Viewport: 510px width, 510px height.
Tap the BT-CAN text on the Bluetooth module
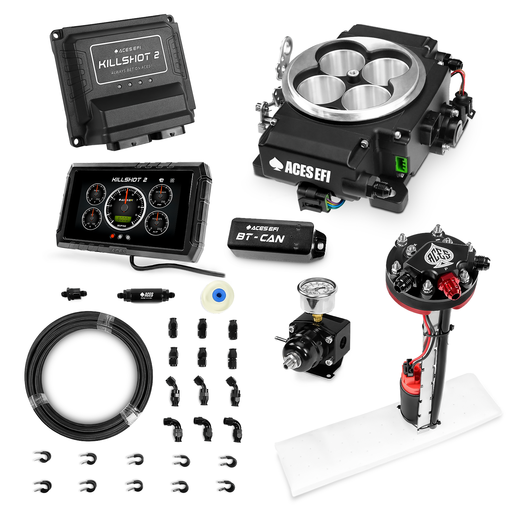click(260, 238)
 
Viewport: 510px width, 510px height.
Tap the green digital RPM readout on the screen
click(123, 219)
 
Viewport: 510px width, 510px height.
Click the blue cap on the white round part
click(217, 294)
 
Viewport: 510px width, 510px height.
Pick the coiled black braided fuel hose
click(88, 376)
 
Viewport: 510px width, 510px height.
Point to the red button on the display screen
click(112, 236)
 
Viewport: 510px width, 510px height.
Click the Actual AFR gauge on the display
click(157, 222)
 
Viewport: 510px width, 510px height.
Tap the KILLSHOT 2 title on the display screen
click(129, 180)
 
